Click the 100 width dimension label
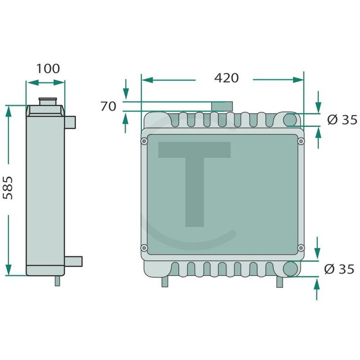point(48,69)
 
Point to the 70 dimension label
point(109,106)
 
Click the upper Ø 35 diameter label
point(342,119)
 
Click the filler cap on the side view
point(47,102)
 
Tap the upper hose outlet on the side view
point(72,121)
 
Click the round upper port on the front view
point(291,120)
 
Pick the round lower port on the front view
point(291,269)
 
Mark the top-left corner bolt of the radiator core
point(145,141)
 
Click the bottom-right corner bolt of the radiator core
point(301,247)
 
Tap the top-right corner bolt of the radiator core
point(301,142)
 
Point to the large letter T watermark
point(194,183)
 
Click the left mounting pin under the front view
point(164,282)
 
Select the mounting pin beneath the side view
point(57,281)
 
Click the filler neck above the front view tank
point(222,106)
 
